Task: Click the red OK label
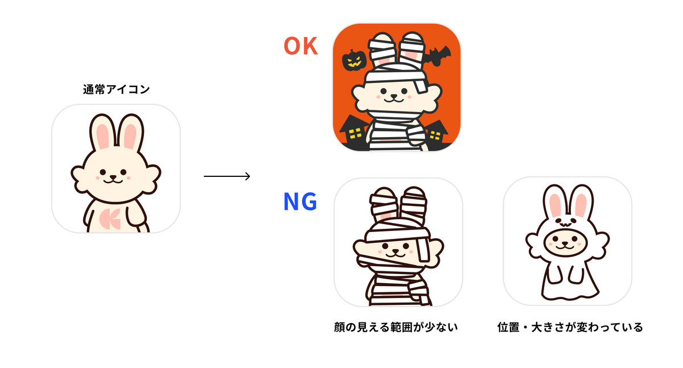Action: pos(301,46)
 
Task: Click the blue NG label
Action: pos(301,202)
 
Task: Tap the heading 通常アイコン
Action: pos(116,89)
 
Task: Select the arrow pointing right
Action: pos(227,176)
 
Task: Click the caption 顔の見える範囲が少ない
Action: pos(396,328)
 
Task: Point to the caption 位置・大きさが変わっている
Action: pos(570,328)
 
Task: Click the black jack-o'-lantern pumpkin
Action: pos(353,59)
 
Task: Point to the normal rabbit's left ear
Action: pos(101,134)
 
